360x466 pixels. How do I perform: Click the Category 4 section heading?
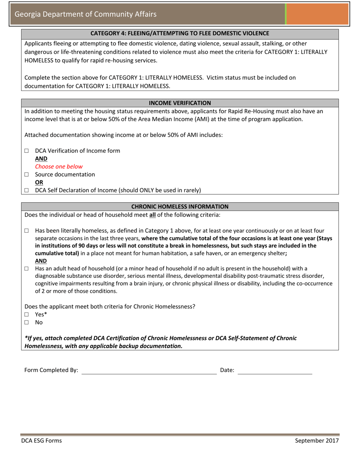180,33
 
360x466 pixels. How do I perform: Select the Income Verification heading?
180,103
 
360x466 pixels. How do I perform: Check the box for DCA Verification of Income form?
27,151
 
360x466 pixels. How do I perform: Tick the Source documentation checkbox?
27,175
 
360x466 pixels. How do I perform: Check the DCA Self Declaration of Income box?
27,191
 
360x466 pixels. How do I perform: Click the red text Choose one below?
58,167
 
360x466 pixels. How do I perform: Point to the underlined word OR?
39,183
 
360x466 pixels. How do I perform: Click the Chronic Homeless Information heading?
180,207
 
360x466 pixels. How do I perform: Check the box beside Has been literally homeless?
27,230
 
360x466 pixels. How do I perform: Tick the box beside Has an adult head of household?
27,269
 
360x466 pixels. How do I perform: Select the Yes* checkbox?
27,314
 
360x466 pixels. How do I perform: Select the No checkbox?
27,322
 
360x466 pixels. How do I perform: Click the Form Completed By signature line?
149,371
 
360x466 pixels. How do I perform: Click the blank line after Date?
275,371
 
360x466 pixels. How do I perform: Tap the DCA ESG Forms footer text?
41,441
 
